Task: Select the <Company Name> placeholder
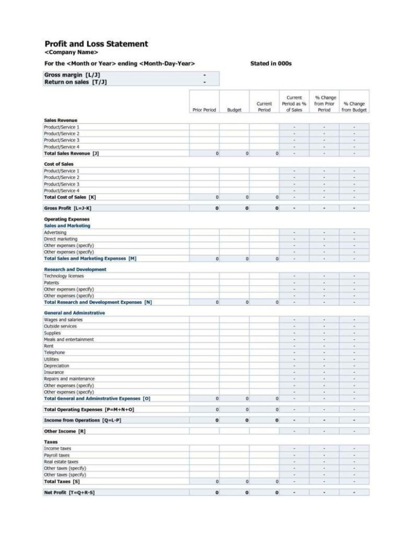[x=71, y=53]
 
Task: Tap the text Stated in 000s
[x=271, y=64]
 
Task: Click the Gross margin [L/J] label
[x=72, y=74]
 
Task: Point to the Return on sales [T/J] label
[x=75, y=82]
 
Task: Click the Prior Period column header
[x=204, y=110]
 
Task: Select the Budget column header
[x=234, y=110]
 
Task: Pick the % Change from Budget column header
[x=354, y=107]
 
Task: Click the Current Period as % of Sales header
[x=294, y=103]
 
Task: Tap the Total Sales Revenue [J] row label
[x=71, y=153]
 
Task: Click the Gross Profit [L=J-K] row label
[x=67, y=208]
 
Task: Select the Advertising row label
[x=55, y=233]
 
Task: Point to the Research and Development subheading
[x=75, y=269]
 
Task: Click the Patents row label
[x=52, y=283]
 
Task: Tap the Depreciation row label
[x=56, y=366]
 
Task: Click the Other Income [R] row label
[x=64, y=431]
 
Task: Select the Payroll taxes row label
[x=56, y=455]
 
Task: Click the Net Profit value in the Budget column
[x=247, y=492]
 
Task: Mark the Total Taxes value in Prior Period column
[x=217, y=481]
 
